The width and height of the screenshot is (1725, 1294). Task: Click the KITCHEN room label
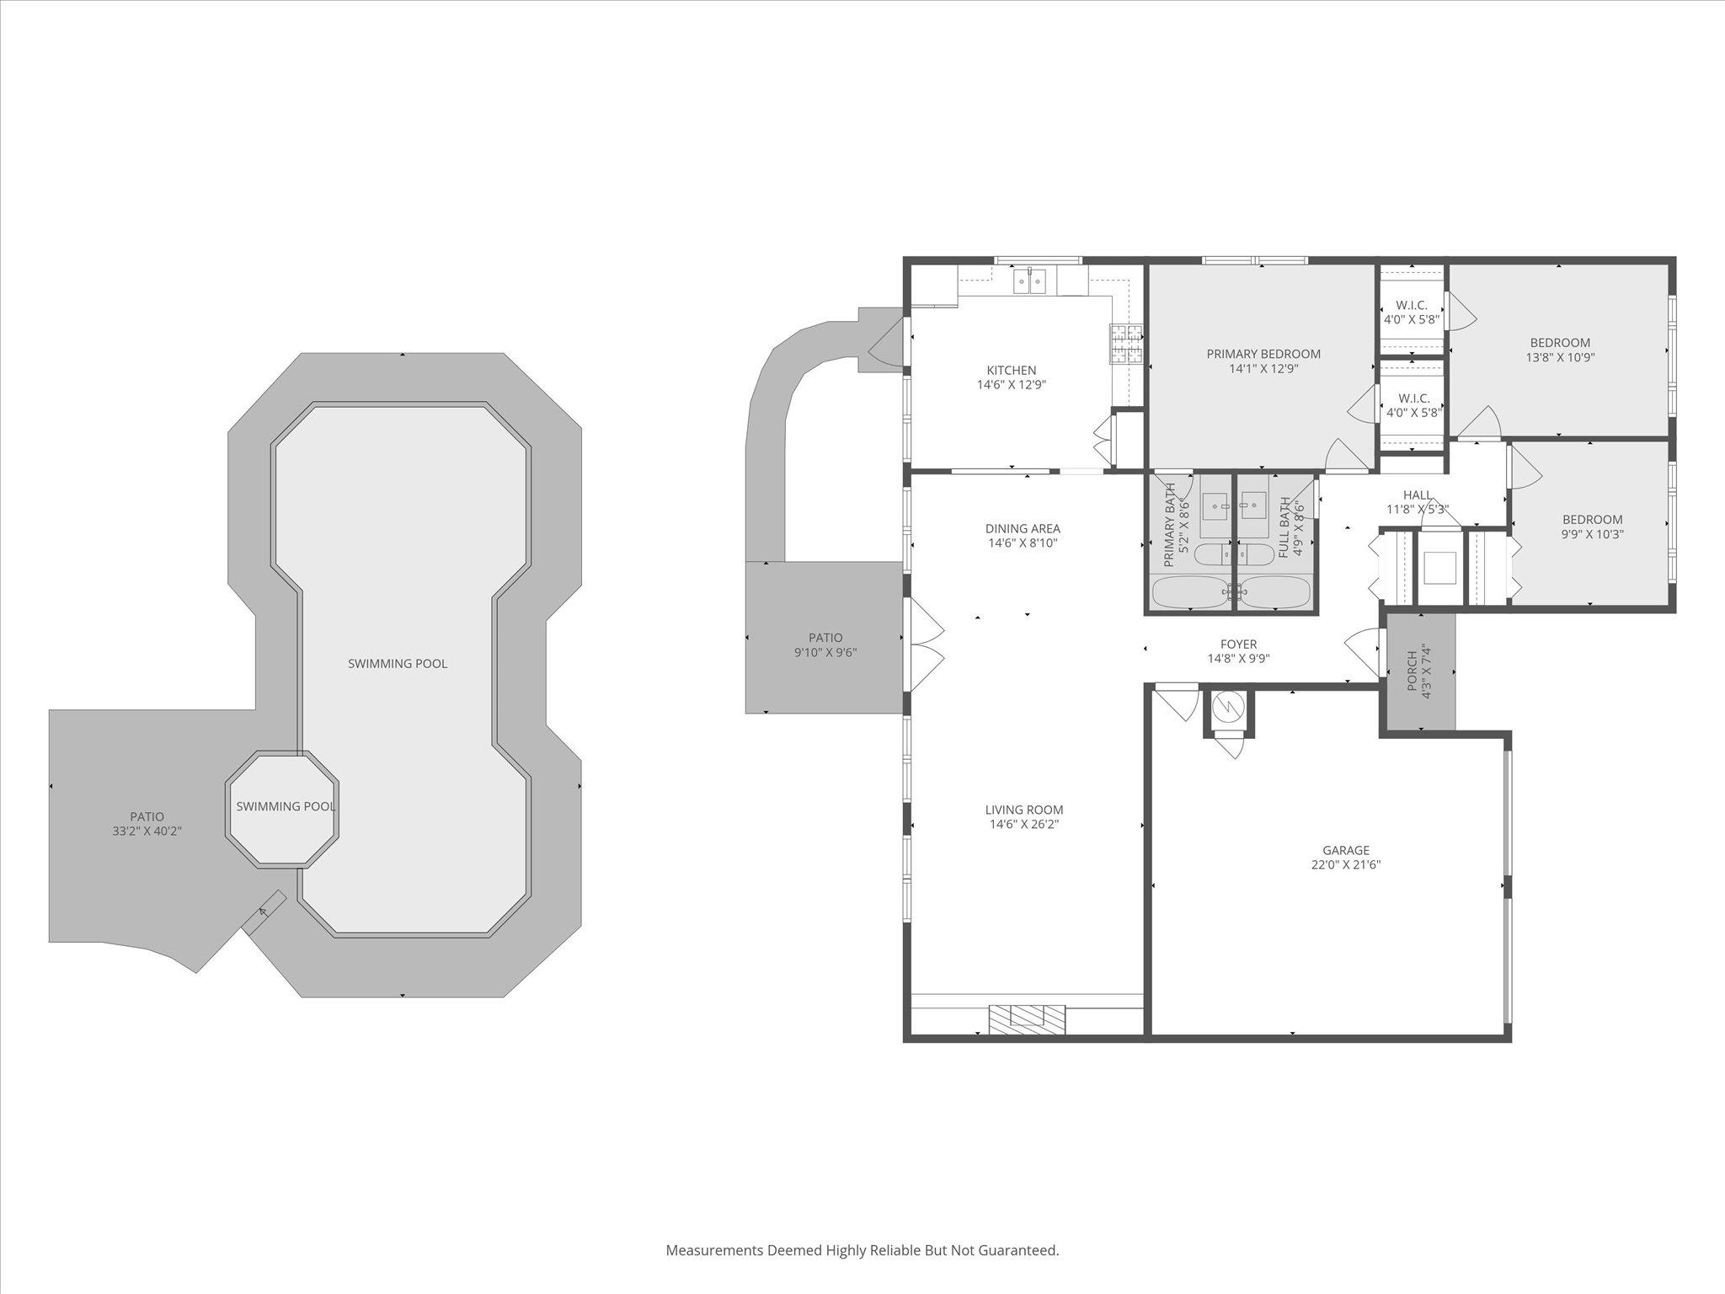(1012, 371)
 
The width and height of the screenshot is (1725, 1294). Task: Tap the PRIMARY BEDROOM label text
(1263, 354)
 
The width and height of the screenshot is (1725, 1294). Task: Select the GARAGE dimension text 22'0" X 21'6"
(1345, 865)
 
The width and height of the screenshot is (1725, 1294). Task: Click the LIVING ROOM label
(1024, 810)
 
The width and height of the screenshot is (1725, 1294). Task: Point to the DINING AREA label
(1023, 529)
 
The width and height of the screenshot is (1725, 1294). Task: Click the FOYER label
(1238, 644)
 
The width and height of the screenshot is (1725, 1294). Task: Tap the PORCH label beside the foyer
(1413, 671)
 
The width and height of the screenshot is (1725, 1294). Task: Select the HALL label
(1418, 495)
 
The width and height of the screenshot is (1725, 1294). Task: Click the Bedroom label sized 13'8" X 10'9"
(1560, 343)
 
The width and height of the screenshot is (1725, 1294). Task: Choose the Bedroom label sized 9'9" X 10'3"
(1592, 520)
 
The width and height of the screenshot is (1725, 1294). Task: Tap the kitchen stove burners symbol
(1126, 344)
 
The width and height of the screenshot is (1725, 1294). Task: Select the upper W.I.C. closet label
(1411, 305)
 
